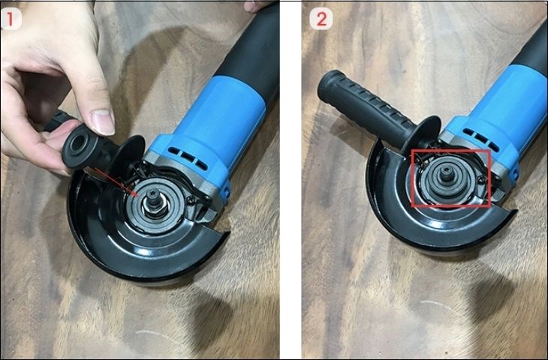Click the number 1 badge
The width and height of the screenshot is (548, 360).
(11, 19)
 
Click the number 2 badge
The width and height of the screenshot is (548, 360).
(321, 19)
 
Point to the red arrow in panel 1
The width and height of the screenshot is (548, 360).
(117, 182)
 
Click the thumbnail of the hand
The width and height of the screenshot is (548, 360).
(102, 121)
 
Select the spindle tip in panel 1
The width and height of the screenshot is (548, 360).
(154, 196)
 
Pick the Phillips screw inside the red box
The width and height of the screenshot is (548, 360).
(481, 179)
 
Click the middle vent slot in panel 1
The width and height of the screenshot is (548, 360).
(188, 157)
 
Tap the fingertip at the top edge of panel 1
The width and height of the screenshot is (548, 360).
(254, 6)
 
